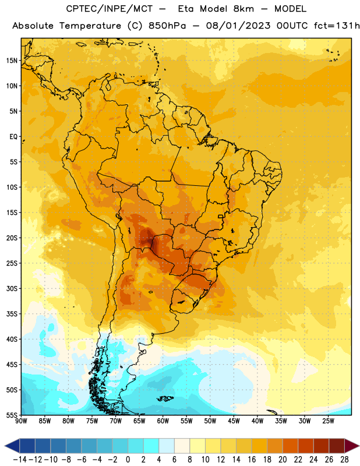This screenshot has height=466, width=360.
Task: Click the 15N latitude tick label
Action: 12,61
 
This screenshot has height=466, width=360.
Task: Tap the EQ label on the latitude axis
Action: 13,137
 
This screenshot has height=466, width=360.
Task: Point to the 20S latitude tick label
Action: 12,238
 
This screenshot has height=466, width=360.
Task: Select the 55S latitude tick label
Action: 12,415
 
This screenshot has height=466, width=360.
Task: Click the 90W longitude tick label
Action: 21,421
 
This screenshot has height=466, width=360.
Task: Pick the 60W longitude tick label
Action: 163,421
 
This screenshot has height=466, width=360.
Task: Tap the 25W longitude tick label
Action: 328,421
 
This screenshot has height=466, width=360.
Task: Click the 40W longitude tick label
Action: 257,421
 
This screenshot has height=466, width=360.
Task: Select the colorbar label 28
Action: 344,460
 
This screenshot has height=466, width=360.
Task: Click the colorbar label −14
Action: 20,460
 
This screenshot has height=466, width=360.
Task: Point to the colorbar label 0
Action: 128,460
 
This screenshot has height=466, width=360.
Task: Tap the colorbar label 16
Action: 252,460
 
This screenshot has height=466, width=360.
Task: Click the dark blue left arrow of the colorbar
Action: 12,446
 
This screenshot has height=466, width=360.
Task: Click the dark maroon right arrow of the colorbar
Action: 352,446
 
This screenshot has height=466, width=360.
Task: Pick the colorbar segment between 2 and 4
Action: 151,446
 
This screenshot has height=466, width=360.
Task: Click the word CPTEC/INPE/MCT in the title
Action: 110,9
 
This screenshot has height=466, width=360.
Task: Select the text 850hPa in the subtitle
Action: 167,26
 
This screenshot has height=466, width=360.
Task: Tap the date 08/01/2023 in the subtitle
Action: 238,26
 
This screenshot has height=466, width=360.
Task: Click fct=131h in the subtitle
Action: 337,26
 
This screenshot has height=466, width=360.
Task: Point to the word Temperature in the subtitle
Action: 90,26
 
